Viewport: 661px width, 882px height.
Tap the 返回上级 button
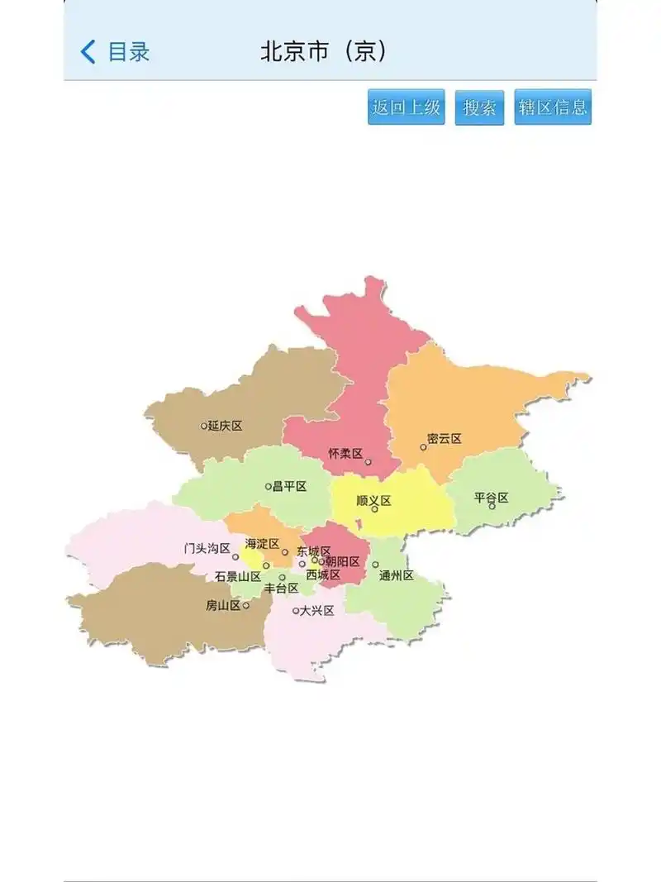(406, 107)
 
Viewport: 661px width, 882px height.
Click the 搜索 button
(479, 107)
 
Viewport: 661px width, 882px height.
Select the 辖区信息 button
(553, 107)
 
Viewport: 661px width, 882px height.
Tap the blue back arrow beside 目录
(88, 52)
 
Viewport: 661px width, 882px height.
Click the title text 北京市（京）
(323, 52)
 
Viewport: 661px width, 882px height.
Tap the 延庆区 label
(226, 426)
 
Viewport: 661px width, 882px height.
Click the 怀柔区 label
(345, 454)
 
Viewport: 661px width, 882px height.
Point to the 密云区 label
(445, 439)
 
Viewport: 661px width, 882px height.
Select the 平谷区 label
(491, 498)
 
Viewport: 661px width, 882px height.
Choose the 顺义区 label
(373, 501)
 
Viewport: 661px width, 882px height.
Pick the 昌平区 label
(290, 486)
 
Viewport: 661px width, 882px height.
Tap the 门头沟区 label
(207, 548)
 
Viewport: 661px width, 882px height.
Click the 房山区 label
(223, 605)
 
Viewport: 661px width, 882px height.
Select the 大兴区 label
(316, 611)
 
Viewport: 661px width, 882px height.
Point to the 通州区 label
(397, 575)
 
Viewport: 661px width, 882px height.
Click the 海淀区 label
(262, 544)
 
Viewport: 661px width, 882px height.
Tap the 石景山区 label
(238, 576)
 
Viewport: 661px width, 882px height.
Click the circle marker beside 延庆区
(204, 427)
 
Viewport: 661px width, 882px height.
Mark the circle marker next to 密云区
(423, 447)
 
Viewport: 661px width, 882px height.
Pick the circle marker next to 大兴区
(296, 612)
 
